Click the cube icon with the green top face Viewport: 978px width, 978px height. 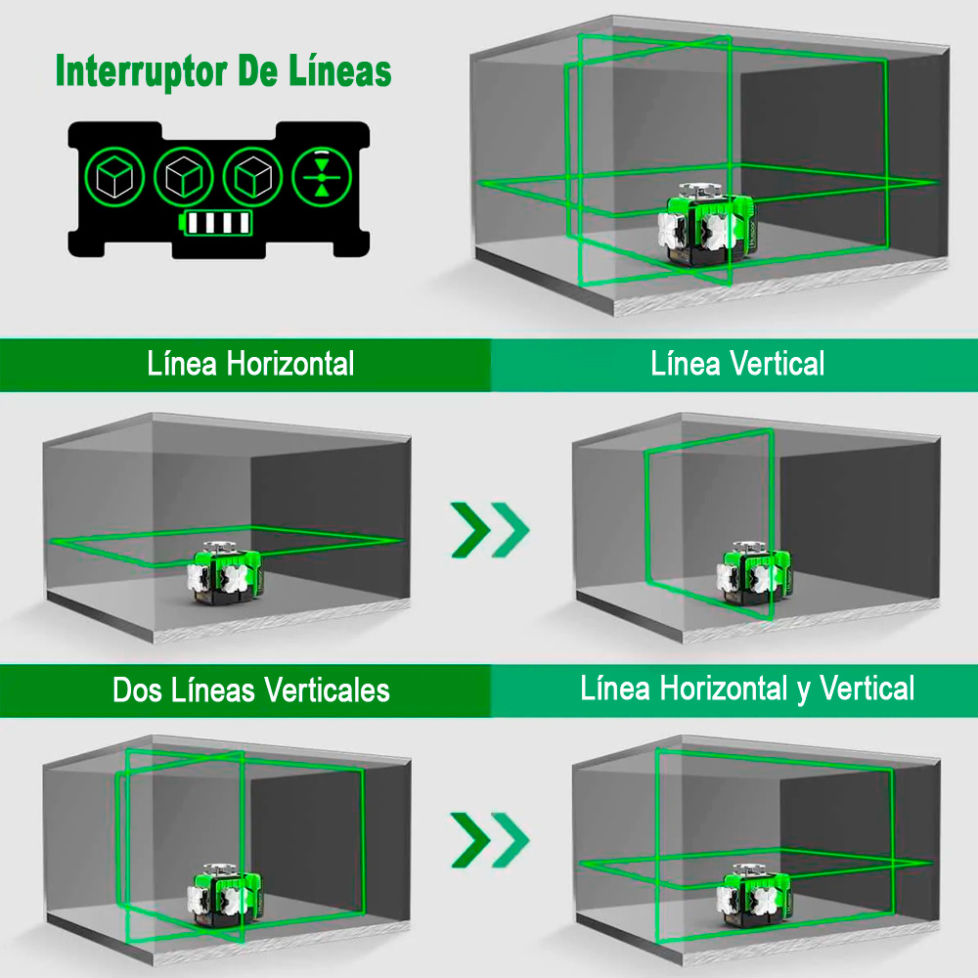[114, 177]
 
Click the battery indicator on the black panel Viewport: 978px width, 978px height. [215, 223]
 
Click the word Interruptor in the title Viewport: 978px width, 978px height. [141, 72]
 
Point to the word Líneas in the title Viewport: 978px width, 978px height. [340, 69]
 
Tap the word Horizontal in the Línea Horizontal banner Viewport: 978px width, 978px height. [290, 364]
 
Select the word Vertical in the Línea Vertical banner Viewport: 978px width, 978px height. [778, 364]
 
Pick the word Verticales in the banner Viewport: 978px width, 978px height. [327, 690]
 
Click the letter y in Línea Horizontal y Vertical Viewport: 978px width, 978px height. [803, 691]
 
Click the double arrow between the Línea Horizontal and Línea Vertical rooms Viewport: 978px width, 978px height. [490, 529]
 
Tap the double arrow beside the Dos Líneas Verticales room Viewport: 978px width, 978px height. [490, 839]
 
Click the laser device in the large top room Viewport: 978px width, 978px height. [707, 225]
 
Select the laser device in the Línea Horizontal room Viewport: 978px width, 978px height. [225, 572]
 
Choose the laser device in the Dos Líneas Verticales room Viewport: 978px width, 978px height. [225, 895]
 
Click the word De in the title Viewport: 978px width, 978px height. [257, 70]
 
